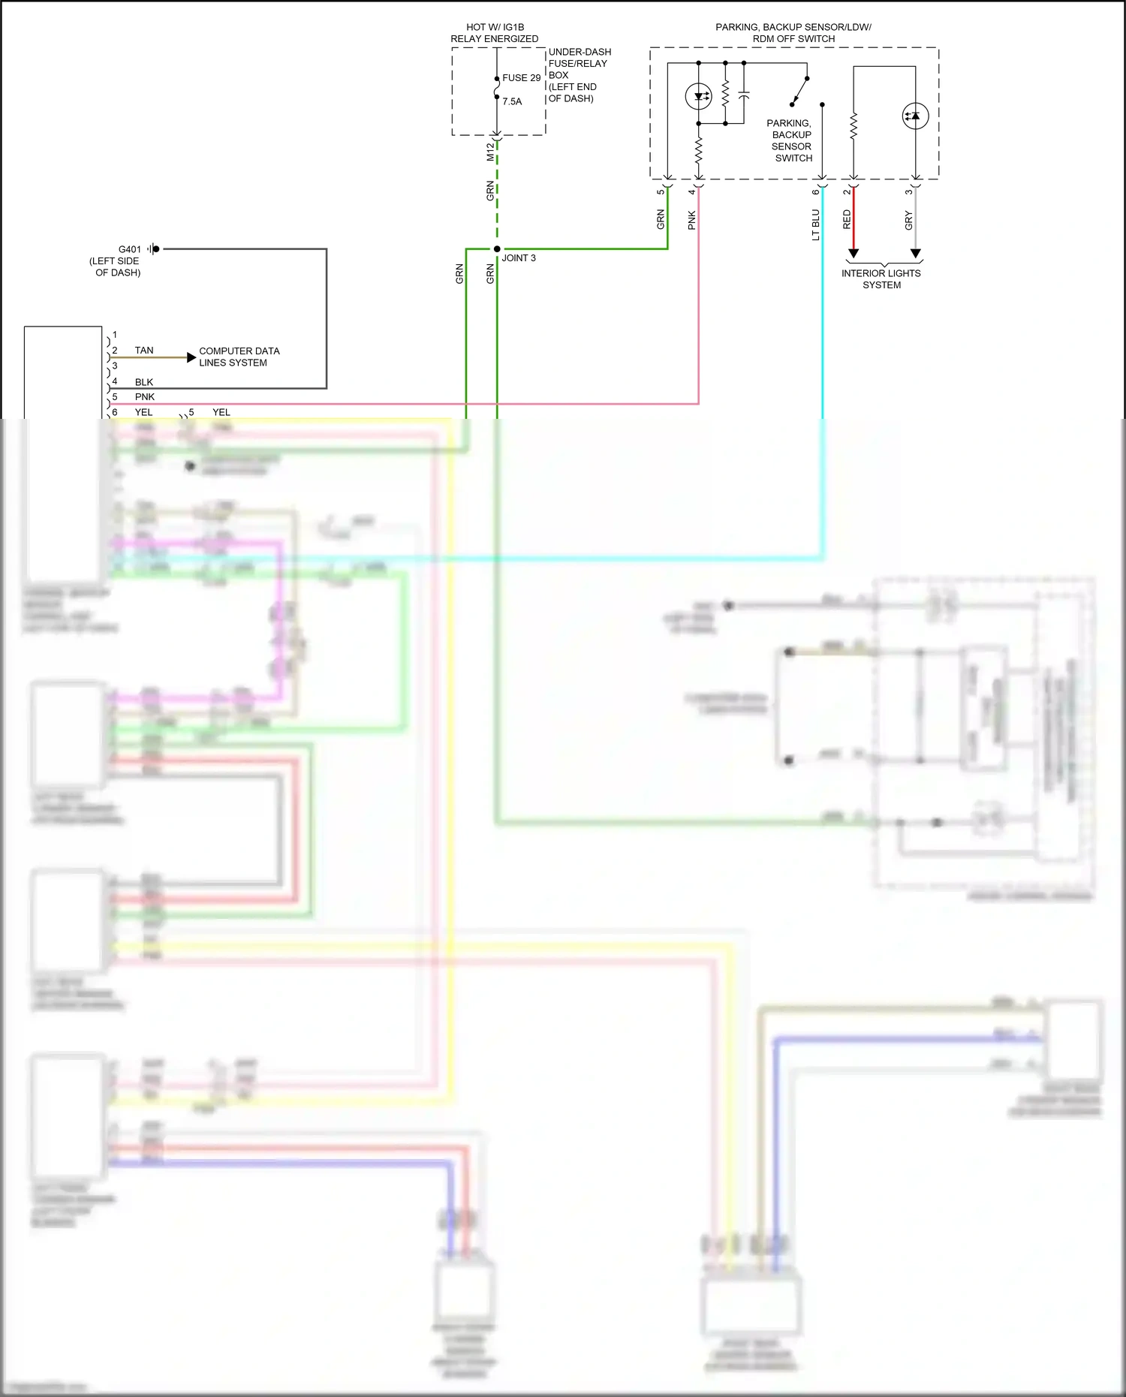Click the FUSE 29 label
pyautogui.click(x=521, y=78)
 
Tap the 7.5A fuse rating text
pyautogui.click(x=512, y=101)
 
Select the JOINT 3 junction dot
pyautogui.click(x=497, y=249)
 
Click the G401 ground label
pyautogui.click(x=129, y=249)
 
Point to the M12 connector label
pyautogui.click(x=490, y=152)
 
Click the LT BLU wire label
pyautogui.click(x=815, y=224)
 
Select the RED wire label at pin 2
pyautogui.click(x=847, y=219)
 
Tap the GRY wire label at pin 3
pyautogui.click(x=908, y=220)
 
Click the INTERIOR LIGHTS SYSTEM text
pyautogui.click(x=881, y=279)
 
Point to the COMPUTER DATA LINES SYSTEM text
pyautogui.click(x=239, y=357)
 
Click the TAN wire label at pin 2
pyautogui.click(x=144, y=351)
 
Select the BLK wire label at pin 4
pyautogui.click(x=144, y=382)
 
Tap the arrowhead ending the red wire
pyautogui.click(x=854, y=254)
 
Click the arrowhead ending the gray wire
pyautogui.click(x=916, y=254)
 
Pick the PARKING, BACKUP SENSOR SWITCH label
pyautogui.click(x=790, y=140)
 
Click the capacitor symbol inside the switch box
pyautogui.click(x=743, y=95)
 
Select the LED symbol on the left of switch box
pyautogui.click(x=699, y=96)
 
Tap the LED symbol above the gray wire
pyautogui.click(x=915, y=116)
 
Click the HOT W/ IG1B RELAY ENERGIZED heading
pyautogui.click(x=495, y=33)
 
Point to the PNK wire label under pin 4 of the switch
pyautogui.click(x=691, y=220)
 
